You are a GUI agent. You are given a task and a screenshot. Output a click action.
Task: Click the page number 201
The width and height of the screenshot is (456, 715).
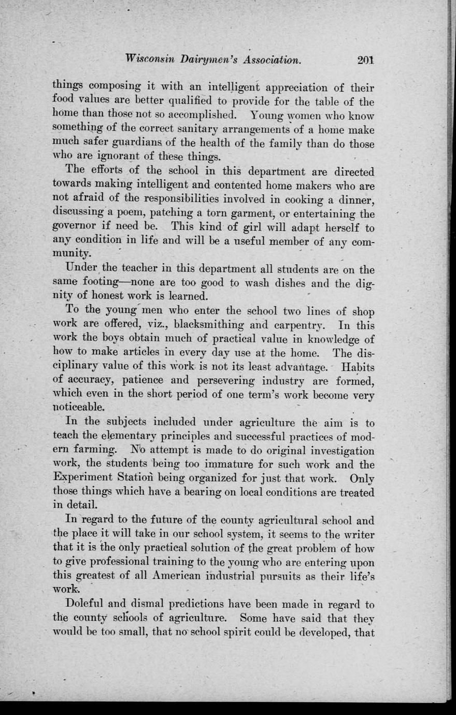point(365,60)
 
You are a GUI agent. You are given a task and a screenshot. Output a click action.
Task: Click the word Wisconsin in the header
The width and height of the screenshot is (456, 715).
point(151,60)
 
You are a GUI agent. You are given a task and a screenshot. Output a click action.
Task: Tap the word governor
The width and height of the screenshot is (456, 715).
point(74,227)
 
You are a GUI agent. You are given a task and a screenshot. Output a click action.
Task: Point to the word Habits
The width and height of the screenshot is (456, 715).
point(358,367)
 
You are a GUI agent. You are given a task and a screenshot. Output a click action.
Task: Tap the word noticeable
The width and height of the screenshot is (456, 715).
point(79,407)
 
